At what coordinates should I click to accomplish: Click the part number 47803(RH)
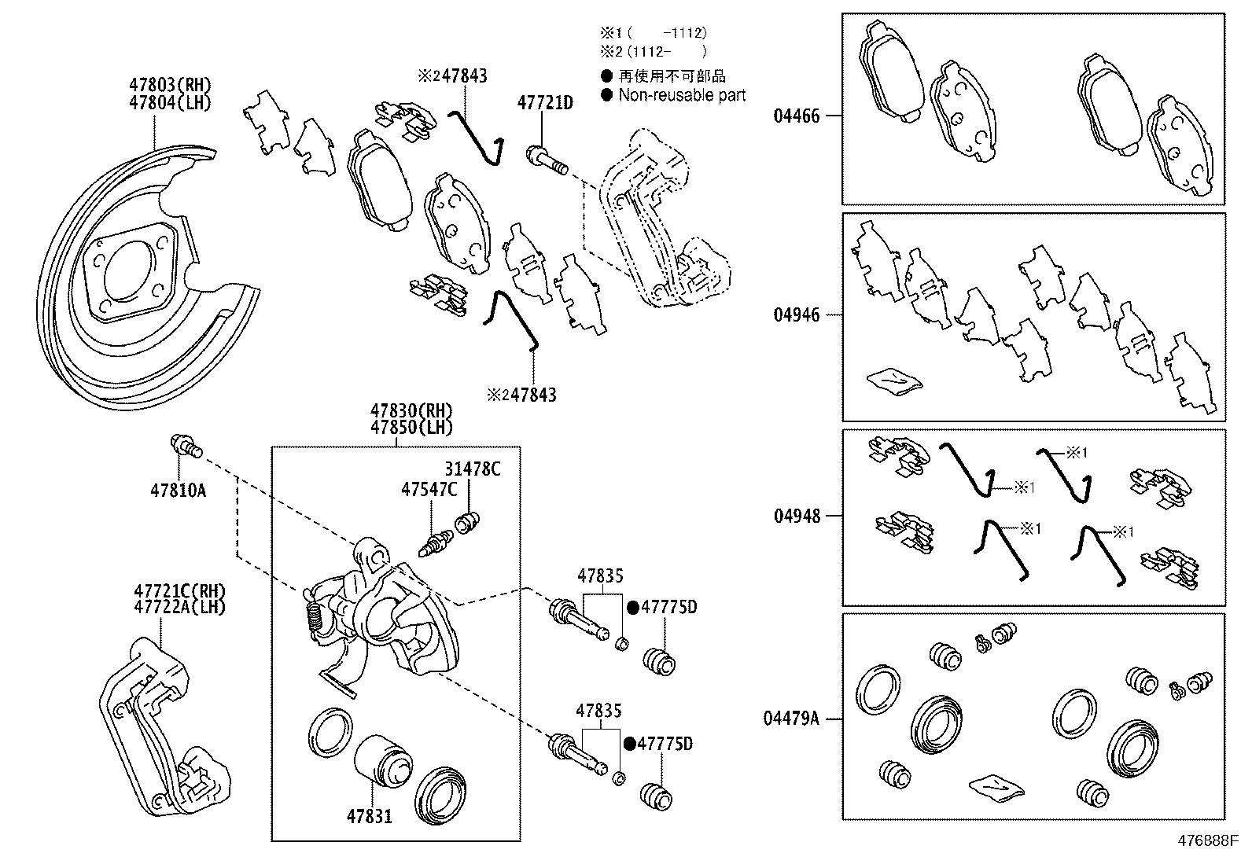click(x=171, y=85)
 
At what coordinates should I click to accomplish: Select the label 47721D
click(x=545, y=102)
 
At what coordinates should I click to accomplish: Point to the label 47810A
click(x=178, y=491)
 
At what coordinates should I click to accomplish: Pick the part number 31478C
click(x=472, y=469)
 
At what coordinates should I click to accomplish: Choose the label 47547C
click(x=429, y=490)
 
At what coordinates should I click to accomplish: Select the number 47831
click(x=369, y=816)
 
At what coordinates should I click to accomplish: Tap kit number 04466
click(x=796, y=116)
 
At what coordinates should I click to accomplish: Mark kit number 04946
click(x=796, y=315)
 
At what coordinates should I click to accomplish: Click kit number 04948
click(x=796, y=517)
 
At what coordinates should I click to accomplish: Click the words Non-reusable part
click(x=681, y=95)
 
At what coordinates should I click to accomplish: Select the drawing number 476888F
click(x=1207, y=840)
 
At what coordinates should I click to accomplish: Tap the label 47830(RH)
click(x=411, y=410)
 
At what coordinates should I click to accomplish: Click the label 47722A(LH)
click(x=179, y=607)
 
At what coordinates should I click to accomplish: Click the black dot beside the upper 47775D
click(x=633, y=607)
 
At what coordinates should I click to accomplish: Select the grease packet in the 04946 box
click(x=894, y=381)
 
